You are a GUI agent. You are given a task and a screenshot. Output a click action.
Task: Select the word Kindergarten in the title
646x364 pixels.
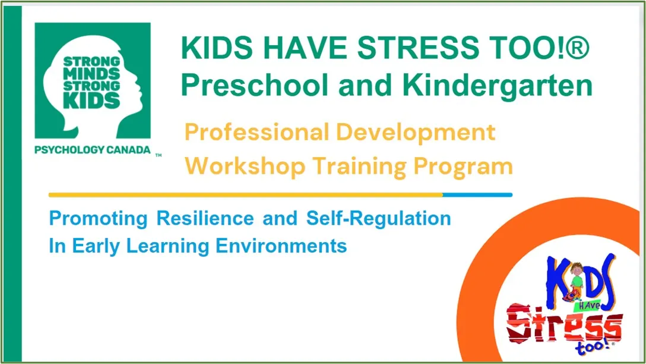(x=498, y=84)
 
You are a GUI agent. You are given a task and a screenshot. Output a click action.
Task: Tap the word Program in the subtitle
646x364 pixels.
(x=463, y=166)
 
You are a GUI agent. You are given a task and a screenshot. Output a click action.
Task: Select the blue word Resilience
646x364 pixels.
(x=205, y=218)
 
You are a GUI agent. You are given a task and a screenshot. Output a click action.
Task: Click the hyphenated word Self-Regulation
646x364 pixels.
(x=378, y=218)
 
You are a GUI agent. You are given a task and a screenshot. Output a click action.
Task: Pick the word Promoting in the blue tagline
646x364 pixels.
(x=98, y=218)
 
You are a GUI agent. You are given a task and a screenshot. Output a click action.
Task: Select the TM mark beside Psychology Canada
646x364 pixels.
(x=159, y=155)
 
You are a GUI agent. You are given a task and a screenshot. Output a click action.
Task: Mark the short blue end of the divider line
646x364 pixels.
(x=477, y=194)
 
